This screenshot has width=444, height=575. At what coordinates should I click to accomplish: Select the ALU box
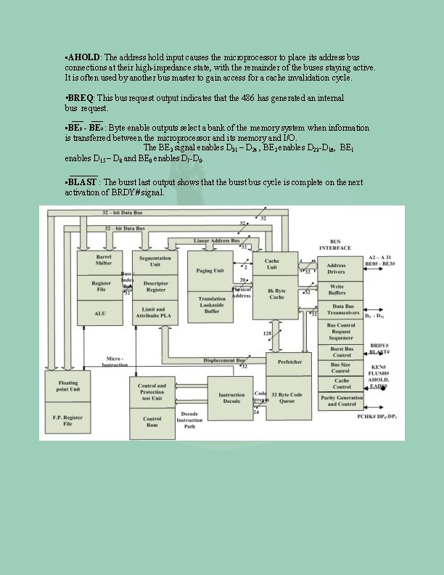click(102, 313)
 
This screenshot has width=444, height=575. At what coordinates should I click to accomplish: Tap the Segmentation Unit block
click(155, 261)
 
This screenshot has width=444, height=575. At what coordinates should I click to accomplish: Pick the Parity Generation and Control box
click(340, 400)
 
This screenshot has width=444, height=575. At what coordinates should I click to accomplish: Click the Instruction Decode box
click(231, 399)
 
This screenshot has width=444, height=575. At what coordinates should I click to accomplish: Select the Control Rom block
click(152, 422)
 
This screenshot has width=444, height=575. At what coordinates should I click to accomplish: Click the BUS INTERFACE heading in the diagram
click(335, 245)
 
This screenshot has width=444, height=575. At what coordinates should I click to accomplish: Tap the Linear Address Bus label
click(216, 240)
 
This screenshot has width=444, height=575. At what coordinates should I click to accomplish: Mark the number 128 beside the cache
click(267, 333)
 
